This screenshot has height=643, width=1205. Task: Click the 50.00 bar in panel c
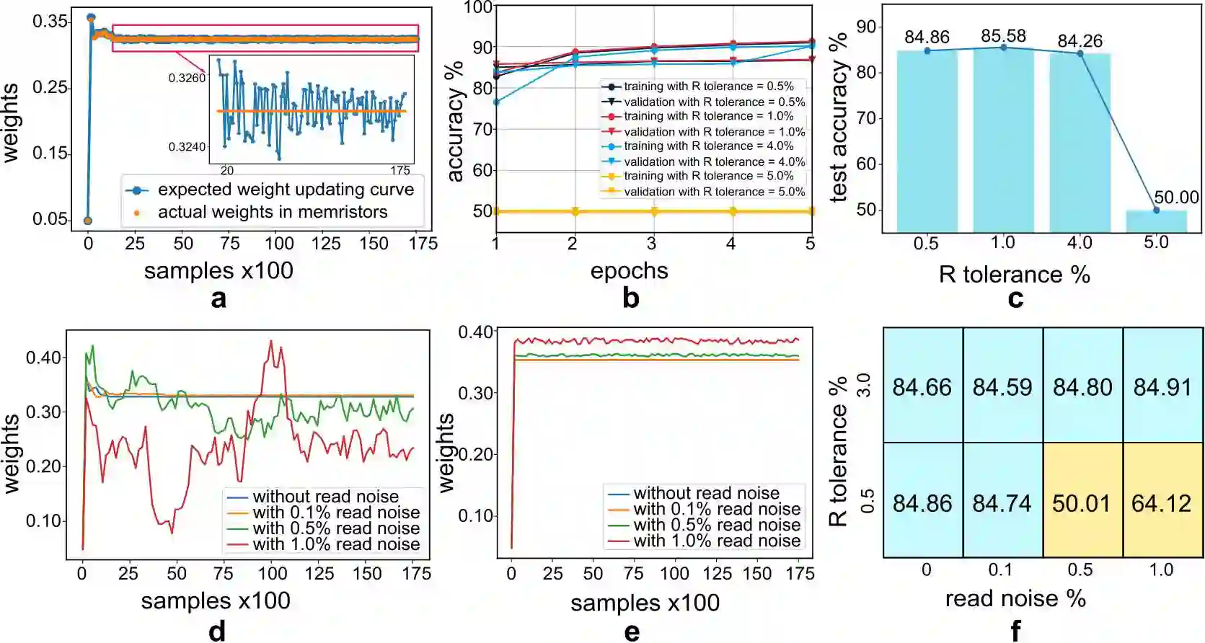(1156, 221)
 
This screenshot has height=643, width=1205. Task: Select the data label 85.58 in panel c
(1003, 35)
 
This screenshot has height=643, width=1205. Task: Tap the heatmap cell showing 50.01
(1082, 502)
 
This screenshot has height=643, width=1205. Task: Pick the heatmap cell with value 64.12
(1162, 502)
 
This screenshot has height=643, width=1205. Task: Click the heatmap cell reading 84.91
(1162, 387)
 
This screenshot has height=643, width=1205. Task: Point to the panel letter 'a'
(219, 298)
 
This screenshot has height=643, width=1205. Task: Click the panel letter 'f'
(1015, 631)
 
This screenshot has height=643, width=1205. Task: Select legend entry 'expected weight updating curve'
(286, 190)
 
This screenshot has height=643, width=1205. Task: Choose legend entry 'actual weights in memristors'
(273, 212)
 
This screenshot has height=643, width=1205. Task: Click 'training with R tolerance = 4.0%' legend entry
(708, 146)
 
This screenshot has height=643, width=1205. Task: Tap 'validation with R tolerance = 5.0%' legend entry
(714, 192)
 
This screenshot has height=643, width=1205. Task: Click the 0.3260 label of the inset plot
(187, 78)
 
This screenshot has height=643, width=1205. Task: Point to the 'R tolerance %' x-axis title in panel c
(1014, 275)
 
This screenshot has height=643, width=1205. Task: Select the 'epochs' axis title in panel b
(629, 271)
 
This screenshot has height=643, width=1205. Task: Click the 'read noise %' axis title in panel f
(1015, 598)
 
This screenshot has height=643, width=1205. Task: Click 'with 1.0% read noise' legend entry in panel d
(335, 544)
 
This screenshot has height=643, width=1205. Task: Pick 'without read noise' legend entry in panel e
(706, 493)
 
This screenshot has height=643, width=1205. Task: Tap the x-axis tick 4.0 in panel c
(1080, 243)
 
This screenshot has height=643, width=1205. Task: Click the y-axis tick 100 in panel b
(477, 8)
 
